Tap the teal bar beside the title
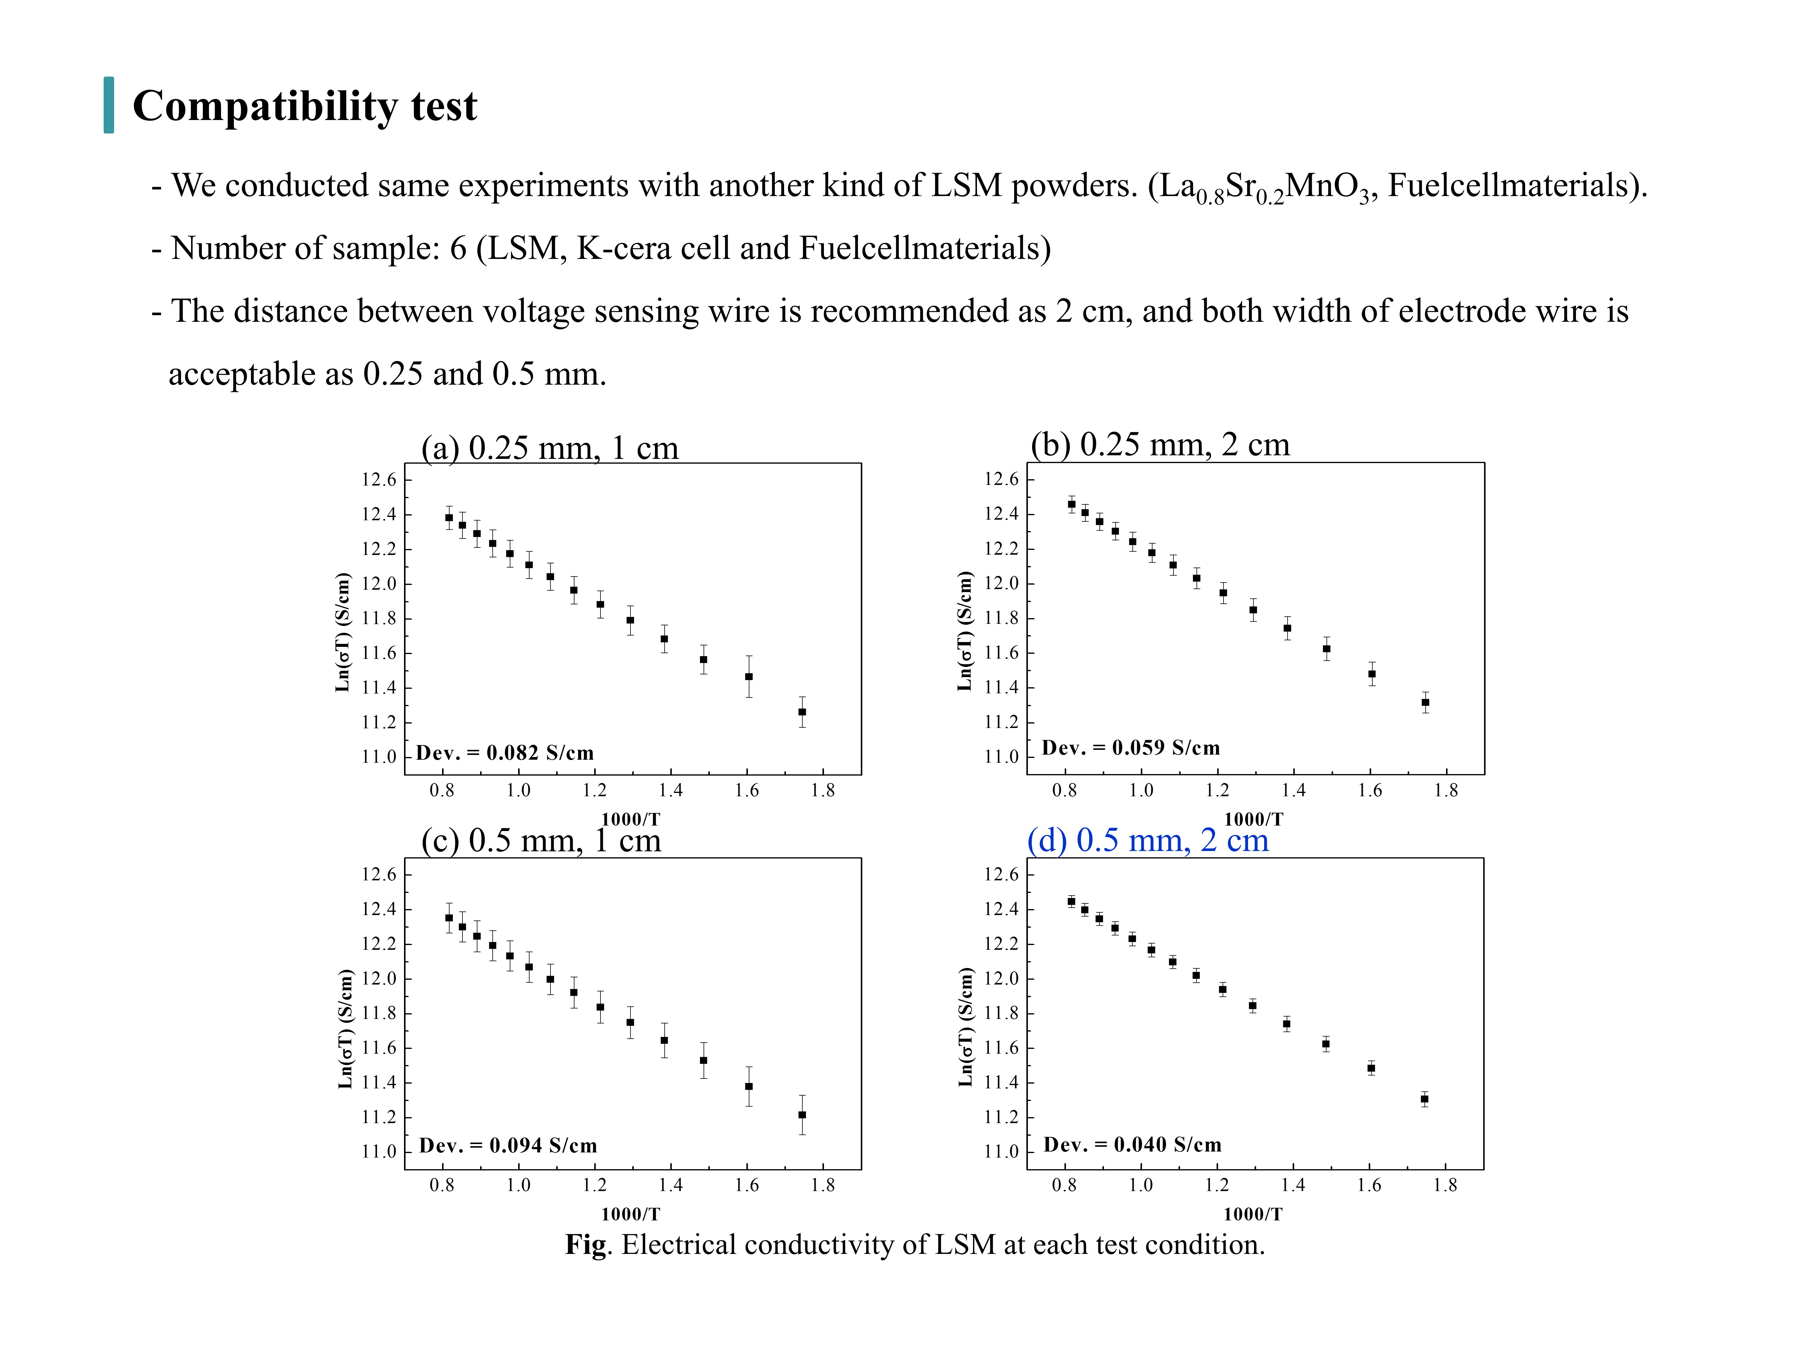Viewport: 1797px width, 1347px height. (109, 105)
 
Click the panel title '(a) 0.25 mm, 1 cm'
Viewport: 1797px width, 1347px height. (549, 448)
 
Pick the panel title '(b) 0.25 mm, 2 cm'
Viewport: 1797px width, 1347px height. (1160, 445)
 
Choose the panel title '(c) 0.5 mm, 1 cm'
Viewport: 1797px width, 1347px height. (541, 840)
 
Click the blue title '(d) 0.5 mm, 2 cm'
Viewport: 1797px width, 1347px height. (1148, 840)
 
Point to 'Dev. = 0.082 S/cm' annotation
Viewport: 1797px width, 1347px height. (504, 753)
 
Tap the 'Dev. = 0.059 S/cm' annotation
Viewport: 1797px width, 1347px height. (1131, 748)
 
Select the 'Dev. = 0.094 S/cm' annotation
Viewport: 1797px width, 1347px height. (508, 1146)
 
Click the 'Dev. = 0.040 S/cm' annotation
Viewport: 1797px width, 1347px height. (1132, 1145)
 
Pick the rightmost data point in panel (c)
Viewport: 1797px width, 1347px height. (802, 1115)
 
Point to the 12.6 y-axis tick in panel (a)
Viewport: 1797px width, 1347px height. (379, 480)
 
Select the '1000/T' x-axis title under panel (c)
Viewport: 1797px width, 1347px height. (630, 1215)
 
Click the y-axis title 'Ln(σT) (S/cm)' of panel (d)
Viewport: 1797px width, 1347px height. (965, 1028)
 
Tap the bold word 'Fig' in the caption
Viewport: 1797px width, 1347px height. (586, 1246)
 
